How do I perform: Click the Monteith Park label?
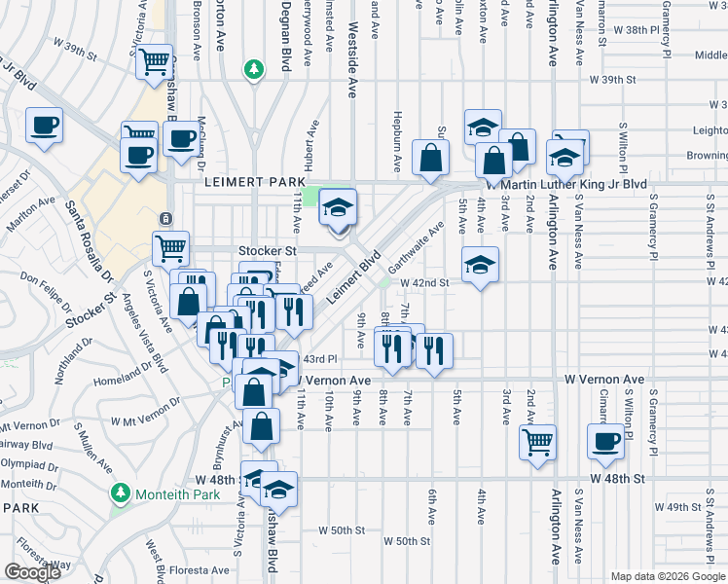[168, 493]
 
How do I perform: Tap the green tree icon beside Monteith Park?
[120, 493]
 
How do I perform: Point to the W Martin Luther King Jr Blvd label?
[567, 184]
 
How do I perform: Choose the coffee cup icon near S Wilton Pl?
[604, 439]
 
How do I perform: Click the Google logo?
[32, 572]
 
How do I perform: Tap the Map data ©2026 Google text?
[668, 576]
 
